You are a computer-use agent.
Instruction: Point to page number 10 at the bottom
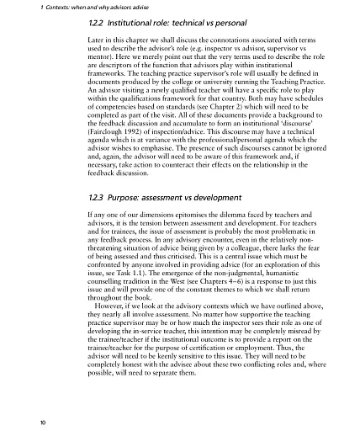click(31, 418)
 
